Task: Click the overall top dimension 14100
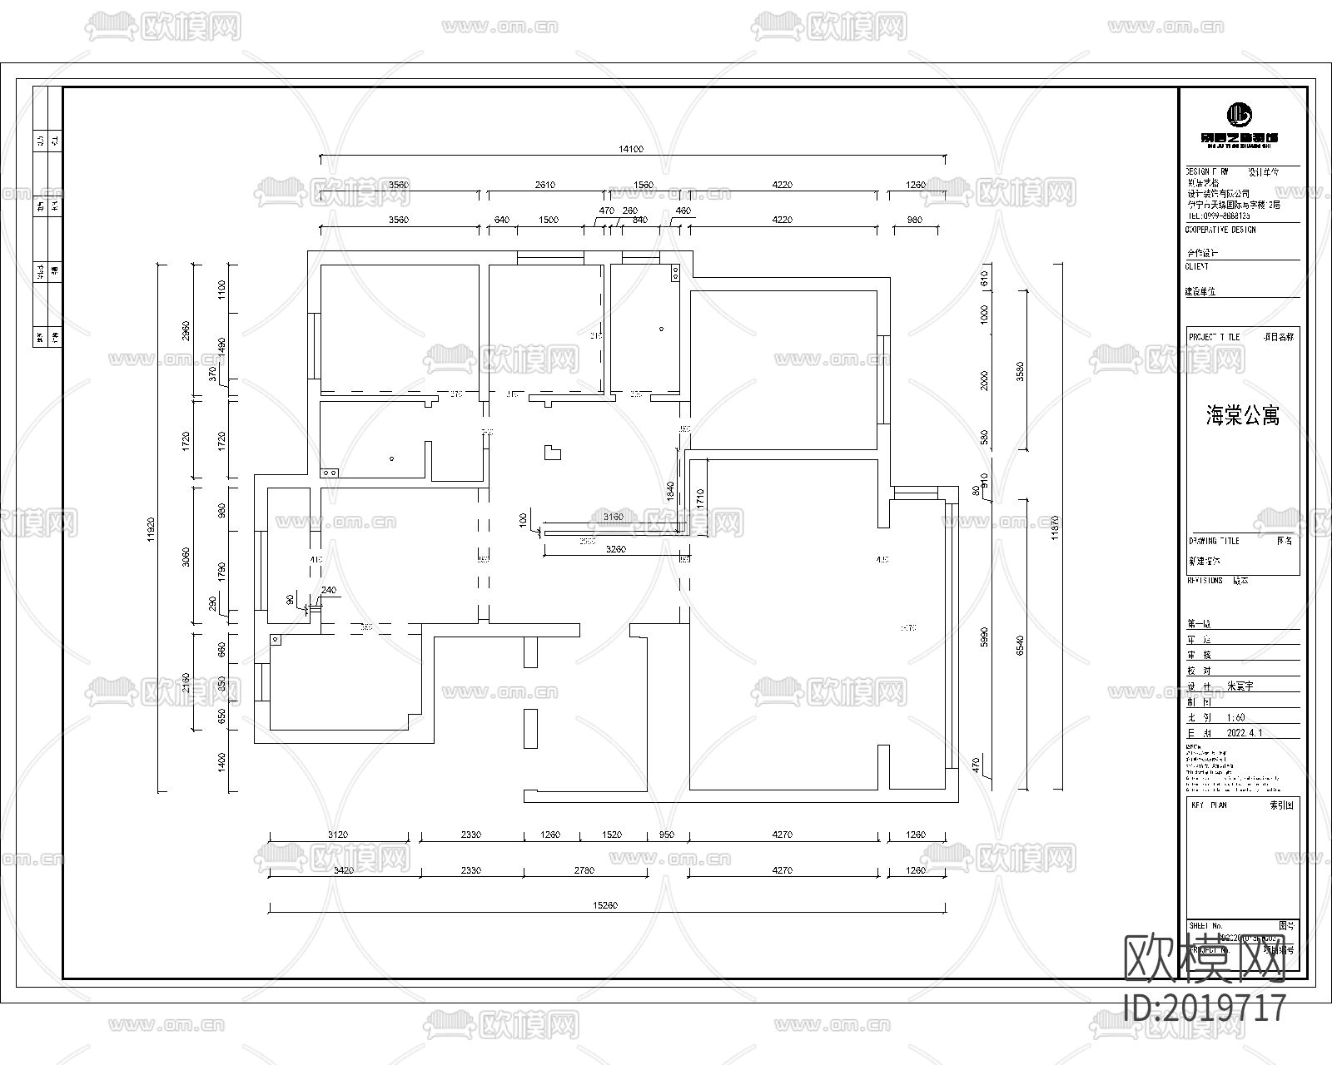click(x=631, y=150)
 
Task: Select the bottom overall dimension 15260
click(x=606, y=905)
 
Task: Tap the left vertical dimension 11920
click(x=152, y=528)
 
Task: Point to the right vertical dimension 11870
click(x=1054, y=528)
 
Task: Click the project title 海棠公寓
click(x=1242, y=416)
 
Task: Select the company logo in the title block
click(x=1240, y=115)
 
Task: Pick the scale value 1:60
click(x=1235, y=717)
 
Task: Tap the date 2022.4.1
click(x=1245, y=734)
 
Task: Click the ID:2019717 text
click(x=1205, y=1008)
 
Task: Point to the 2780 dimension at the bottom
click(x=584, y=870)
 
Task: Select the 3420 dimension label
click(x=344, y=870)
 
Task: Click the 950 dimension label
click(x=667, y=835)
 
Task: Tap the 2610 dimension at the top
click(x=544, y=185)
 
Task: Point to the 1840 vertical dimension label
click(x=669, y=491)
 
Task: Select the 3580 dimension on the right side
click(x=1021, y=371)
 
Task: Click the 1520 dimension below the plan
click(x=611, y=835)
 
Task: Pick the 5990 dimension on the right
click(x=984, y=638)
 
